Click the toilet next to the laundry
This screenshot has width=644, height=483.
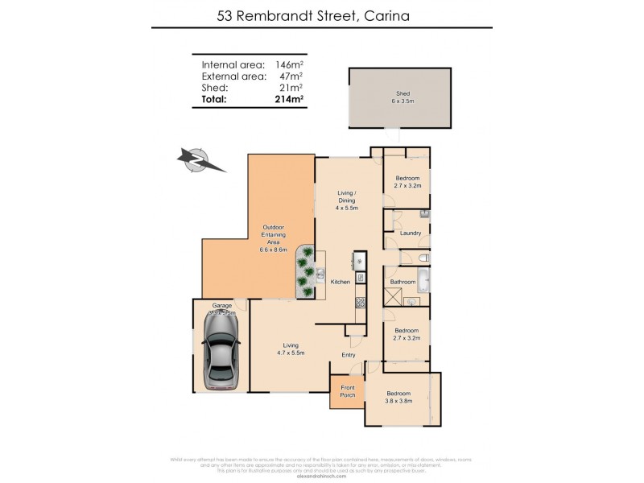423,258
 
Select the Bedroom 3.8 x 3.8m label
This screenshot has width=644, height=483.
398,398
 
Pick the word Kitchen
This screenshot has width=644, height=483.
339,281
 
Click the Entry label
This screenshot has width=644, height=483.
348,355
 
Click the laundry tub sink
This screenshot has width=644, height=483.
423,214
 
